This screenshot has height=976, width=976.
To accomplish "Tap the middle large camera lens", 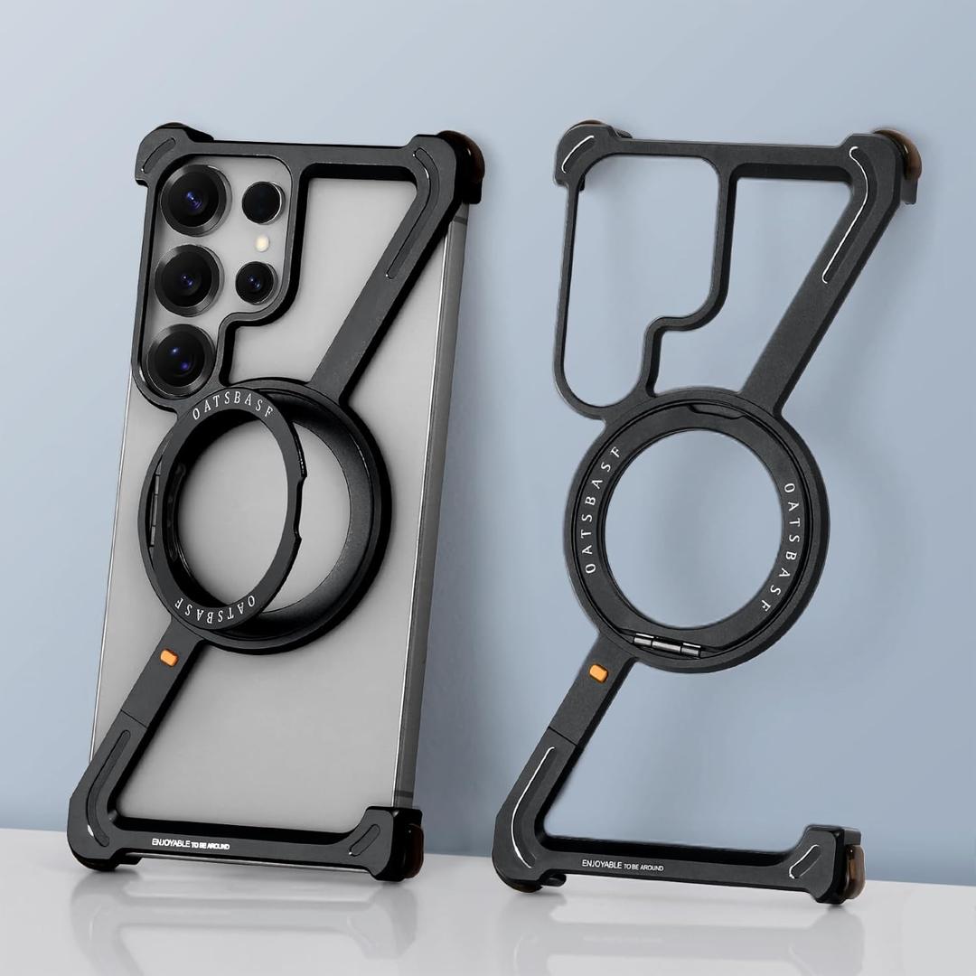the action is click(x=188, y=277).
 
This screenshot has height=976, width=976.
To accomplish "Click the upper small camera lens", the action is click(x=262, y=202).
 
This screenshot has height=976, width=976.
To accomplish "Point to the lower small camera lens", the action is click(x=255, y=282).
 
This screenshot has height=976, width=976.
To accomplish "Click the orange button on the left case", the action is click(x=169, y=657).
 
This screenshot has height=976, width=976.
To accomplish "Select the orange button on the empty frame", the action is click(x=598, y=673).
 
